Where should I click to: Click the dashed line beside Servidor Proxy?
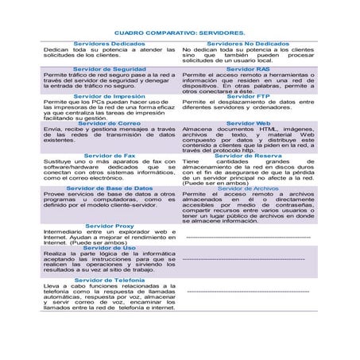click(247, 237)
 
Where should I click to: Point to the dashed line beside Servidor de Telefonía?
click(247, 292)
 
